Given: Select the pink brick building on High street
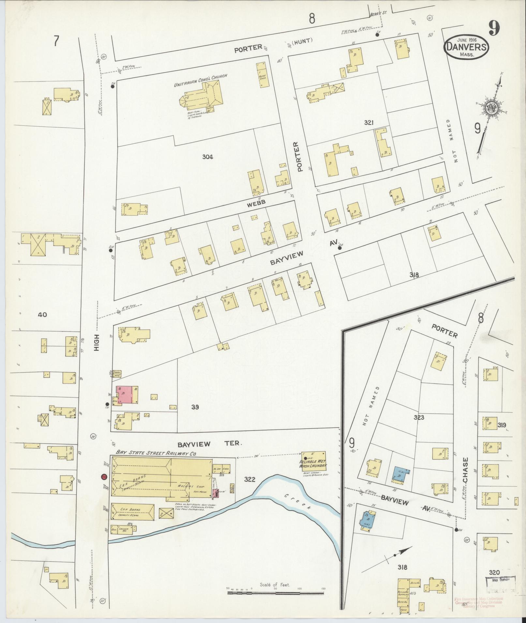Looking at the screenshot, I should point(125,394).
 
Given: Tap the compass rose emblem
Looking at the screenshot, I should point(490,109).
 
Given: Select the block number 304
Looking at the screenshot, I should point(207,157).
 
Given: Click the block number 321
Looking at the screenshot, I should point(369,123).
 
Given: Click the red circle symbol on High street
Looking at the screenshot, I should point(104,477).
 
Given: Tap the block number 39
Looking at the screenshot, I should point(195,407).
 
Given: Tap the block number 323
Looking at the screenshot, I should point(419,417).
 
